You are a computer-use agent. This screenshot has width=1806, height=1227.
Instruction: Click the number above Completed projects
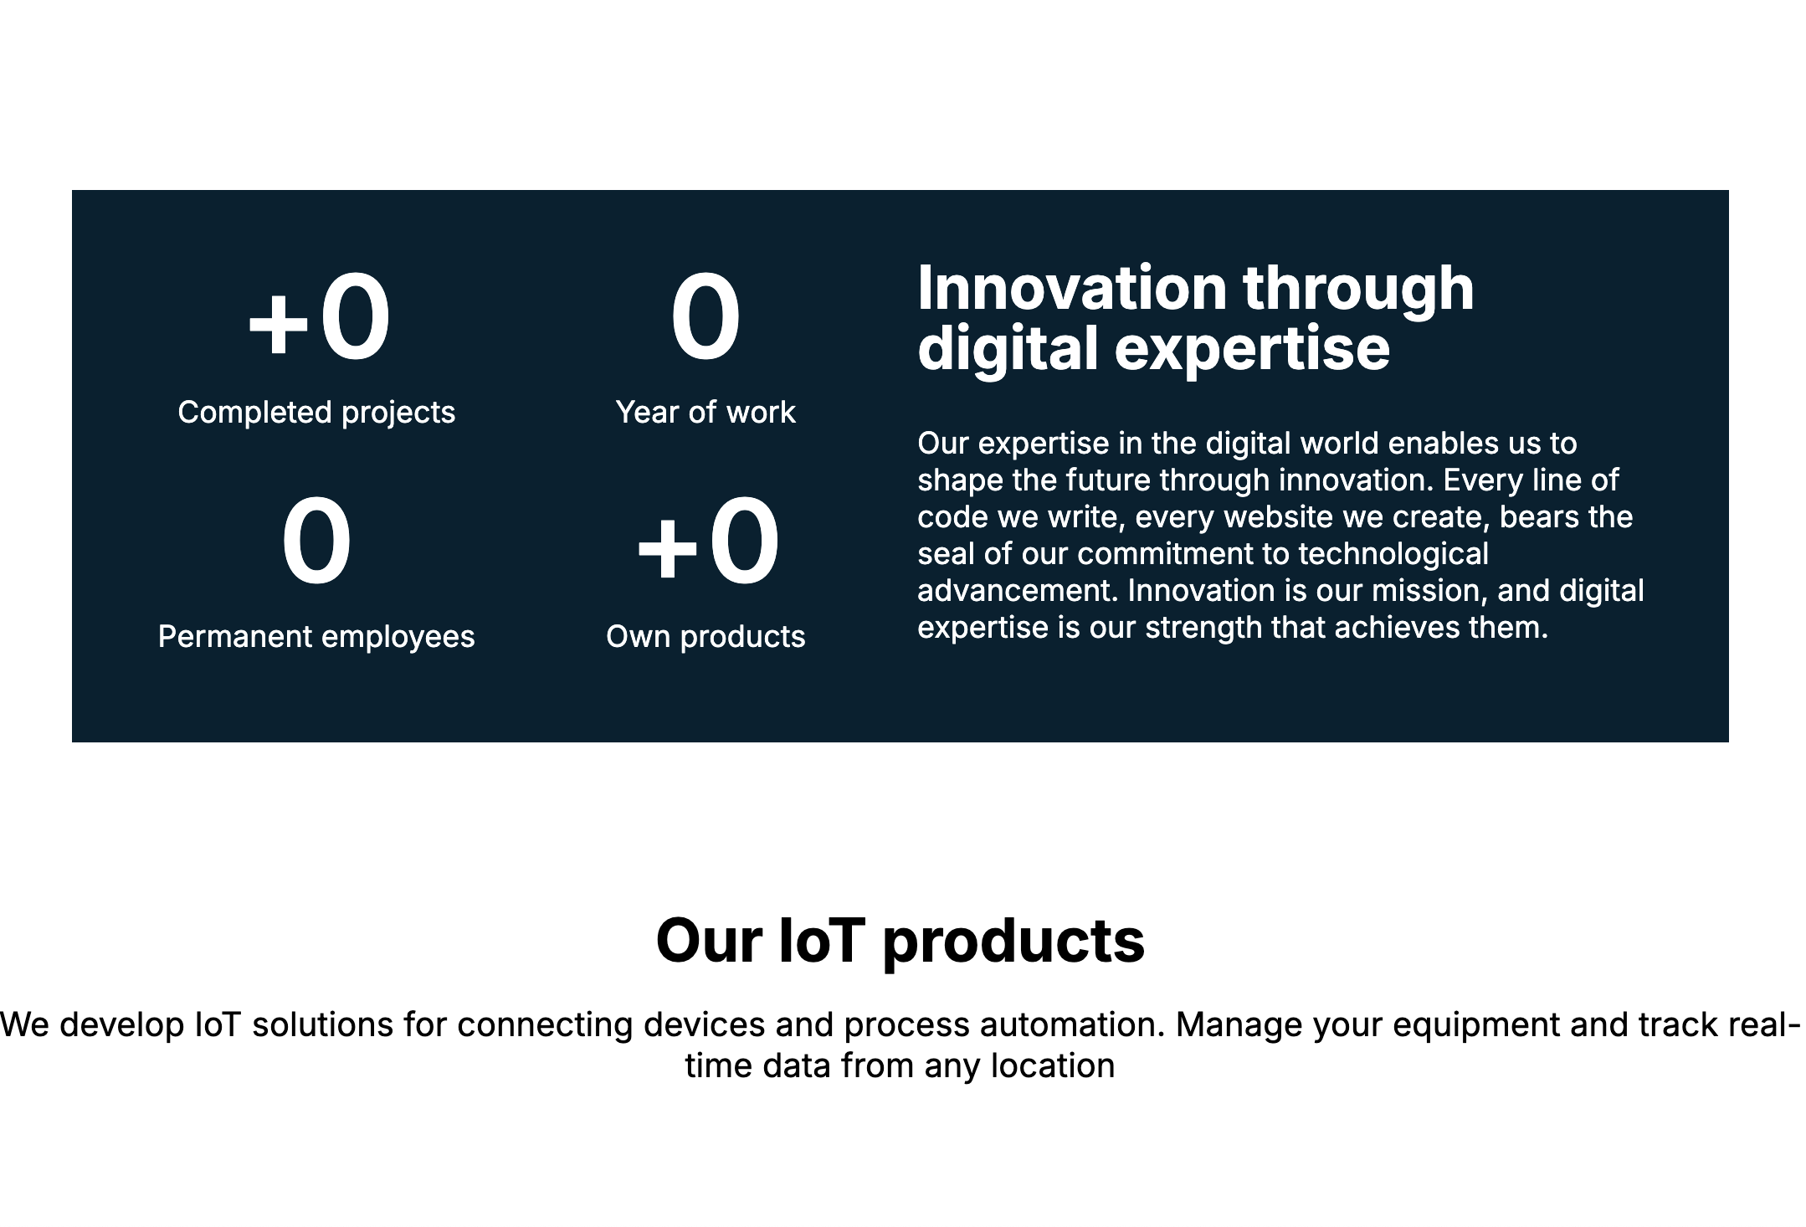(318, 318)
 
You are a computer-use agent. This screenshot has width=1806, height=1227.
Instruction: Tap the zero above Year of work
(705, 318)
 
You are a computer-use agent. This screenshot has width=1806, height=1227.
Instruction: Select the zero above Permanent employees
(316, 542)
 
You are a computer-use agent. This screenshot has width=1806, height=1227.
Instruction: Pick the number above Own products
(708, 542)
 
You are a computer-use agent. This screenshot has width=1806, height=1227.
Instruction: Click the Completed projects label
(316, 413)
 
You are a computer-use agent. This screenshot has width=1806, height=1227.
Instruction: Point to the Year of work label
(705, 413)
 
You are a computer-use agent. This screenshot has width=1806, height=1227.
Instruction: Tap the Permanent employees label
(316, 637)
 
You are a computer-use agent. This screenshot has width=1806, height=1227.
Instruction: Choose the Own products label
(705, 637)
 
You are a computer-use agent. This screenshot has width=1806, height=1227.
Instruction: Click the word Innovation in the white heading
(1072, 288)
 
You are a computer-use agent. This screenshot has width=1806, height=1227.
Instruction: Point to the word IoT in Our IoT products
(821, 941)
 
